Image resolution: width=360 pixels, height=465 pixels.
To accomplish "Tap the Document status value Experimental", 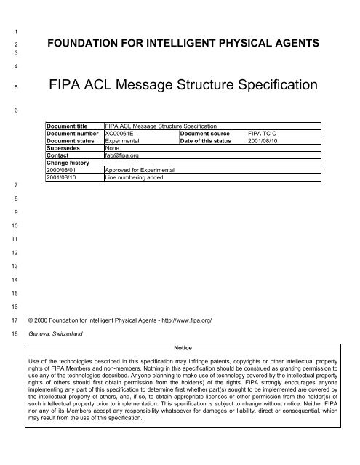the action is click(x=125, y=142).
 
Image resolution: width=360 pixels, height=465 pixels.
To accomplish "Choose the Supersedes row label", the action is click(x=64, y=148).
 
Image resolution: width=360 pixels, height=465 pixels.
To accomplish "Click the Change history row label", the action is click(x=69, y=163).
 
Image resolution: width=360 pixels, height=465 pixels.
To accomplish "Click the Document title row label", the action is click(x=69, y=127).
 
